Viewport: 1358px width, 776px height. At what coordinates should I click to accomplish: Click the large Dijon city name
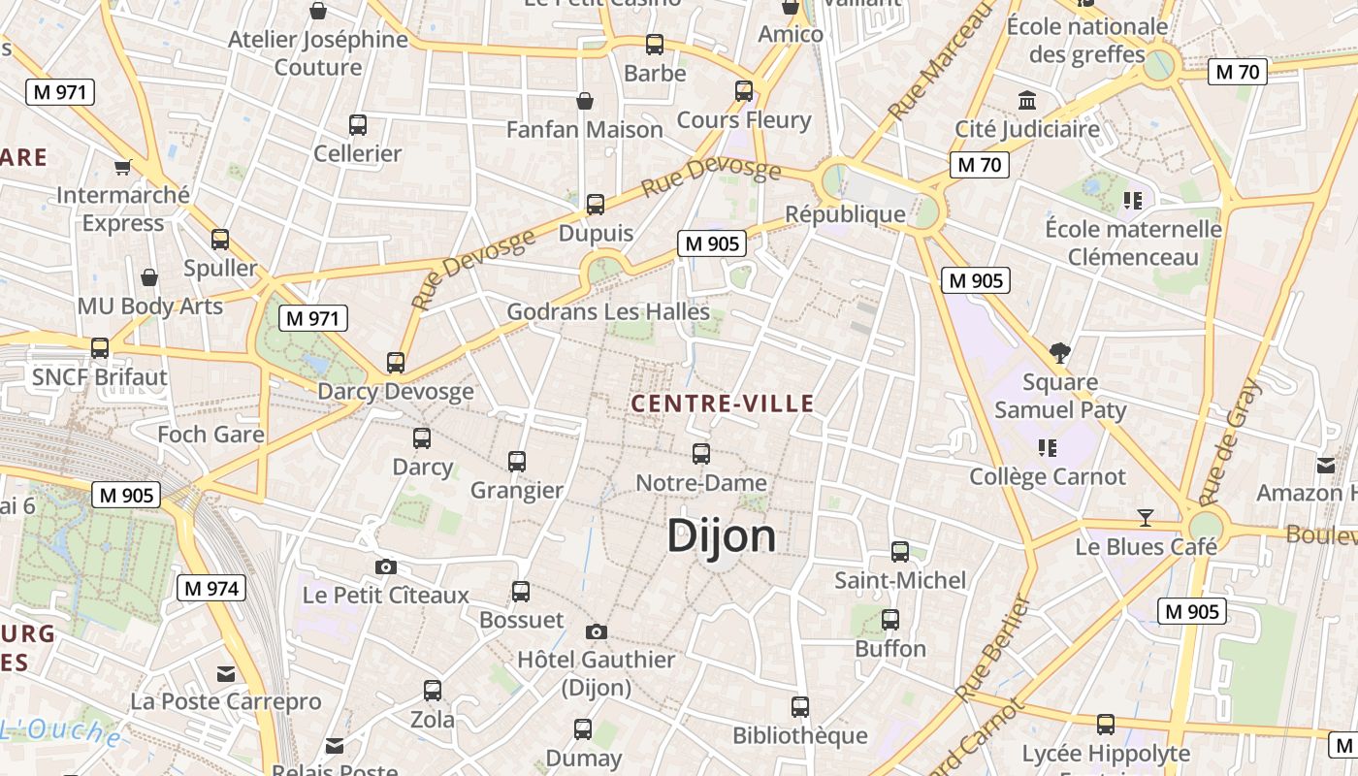pyautogui.click(x=722, y=536)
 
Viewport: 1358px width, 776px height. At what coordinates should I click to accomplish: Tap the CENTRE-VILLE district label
pyautogui.click(x=723, y=404)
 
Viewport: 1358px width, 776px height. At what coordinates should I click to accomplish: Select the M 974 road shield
pyautogui.click(x=211, y=588)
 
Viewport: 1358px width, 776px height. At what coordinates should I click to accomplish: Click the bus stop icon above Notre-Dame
pyautogui.click(x=700, y=453)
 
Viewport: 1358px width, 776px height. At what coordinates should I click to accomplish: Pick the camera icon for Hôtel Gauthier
pyautogui.click(x=597, y=632)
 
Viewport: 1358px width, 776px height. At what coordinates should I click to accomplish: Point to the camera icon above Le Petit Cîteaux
pyautogui.click(x=385, y=566)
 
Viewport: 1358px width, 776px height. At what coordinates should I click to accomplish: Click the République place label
pyautogui.click(x=845, y=214)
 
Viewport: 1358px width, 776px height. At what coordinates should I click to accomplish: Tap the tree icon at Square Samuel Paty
pyautogui.click(x=1060, y=353)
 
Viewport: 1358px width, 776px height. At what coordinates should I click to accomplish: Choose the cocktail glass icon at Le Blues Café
pyautogui.click(x=1146, y=518)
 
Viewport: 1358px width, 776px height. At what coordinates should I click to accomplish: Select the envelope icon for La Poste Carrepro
pyautogui.click(x=226, y=673)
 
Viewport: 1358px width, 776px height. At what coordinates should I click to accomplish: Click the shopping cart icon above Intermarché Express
pyautogui.click(x=122, y=167)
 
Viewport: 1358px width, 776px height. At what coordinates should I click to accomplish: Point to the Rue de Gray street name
pyautogui.click(x=1230, y=442)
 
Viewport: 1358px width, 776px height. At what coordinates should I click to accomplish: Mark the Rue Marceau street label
pyautogui.click(x=941, y=64)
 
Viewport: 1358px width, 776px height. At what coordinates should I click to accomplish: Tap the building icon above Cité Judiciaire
pyautogui.click(x=1027, y=100)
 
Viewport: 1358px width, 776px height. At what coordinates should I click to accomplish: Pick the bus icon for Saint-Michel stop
pyautogui.click(x=900, y=551)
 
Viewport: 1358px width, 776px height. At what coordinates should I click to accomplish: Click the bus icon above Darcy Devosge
pyautogui.click(x=396, y=363)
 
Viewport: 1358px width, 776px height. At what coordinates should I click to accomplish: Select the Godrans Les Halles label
pyautogui.click(x=608, y=312)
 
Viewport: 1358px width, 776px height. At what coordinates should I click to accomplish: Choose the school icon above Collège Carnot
pyautogui.click(x=1048, y=447)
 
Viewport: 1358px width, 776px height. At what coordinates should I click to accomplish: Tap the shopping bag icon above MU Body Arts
pyautogui.click(x=149, y=277)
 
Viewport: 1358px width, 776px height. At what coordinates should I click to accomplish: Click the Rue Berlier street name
pyautogui.click(x=991, y=649)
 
